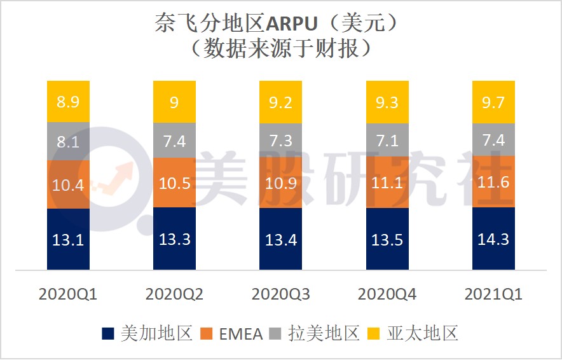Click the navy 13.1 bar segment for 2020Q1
(68, 239)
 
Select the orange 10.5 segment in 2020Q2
(174, 183)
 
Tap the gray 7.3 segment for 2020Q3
(280, 141)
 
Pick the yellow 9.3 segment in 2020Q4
(387, 102)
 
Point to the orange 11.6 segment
(493, 181)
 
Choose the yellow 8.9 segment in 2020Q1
(68, 102)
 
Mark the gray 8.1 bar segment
(68, 142)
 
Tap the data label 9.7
(493, 102)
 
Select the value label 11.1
(387, 184)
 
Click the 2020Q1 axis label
(68, 294)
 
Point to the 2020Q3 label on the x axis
(280, 294)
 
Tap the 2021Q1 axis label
(493, 294)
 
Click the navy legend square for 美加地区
(107, 333)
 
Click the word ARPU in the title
(298, 24)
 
